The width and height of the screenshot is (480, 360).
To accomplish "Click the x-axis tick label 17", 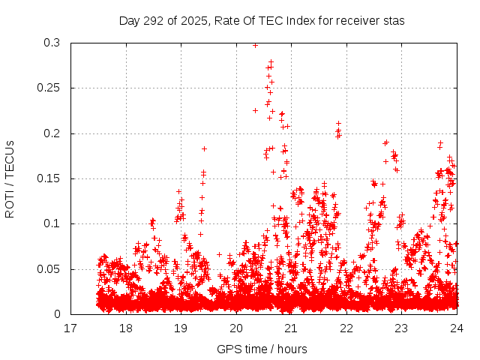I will tap(70, 328).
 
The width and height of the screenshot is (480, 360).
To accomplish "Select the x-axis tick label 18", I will tap(126, 328).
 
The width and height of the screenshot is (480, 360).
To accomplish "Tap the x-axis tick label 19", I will tap(181, 328).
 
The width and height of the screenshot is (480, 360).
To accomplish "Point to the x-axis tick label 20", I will tap(236, 328).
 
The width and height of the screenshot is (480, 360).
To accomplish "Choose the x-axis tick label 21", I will tap(291, 328).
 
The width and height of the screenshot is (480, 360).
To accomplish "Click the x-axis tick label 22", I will tap(346, 328).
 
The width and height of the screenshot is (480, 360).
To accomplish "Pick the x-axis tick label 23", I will tap(401, 328).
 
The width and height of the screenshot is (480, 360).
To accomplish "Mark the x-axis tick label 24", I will tap(457, 328).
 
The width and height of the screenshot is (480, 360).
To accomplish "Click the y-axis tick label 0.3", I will tap(52, 43).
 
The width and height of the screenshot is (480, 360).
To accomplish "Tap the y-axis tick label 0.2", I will tap(52, 133).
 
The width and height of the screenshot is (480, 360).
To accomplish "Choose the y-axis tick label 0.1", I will tap(52, 223).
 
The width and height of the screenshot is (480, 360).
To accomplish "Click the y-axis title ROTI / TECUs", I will tap(10, 178).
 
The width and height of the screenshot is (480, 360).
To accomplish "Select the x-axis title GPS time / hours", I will tap(263, 349).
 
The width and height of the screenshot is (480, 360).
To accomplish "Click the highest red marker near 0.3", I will tap(255, 45).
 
